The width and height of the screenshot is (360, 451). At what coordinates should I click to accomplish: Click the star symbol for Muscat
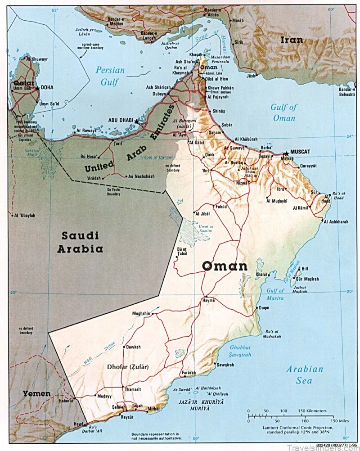pyautogui.click(x=286, y=153)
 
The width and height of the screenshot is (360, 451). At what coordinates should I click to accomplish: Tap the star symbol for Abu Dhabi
pyautogui.click(x=137, y=122)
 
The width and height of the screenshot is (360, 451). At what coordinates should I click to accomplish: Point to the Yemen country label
pyautogui.click(x=36, y=393)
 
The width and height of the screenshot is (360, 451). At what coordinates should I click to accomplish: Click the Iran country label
pyautogui.click(x=292, y=40)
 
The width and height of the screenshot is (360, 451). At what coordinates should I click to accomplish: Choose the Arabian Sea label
pyautogui.click(x=305, y=374)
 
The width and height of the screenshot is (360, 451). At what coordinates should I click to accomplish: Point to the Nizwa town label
pyautogui.click(x=242, y=184)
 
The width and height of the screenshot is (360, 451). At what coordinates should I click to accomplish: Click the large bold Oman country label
pyautogui.click(x=225, y=266)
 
